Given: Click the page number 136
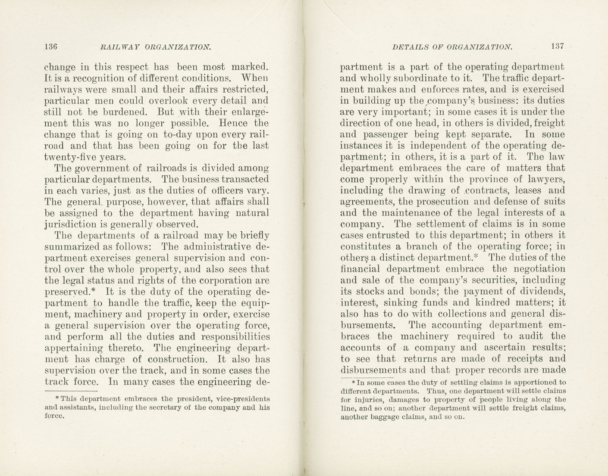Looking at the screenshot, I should (x=51, y=46).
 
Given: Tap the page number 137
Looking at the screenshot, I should (x=557, y=46).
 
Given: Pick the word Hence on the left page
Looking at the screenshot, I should (x=233, y=123).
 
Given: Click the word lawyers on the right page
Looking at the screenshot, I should (x=548, y=180).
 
